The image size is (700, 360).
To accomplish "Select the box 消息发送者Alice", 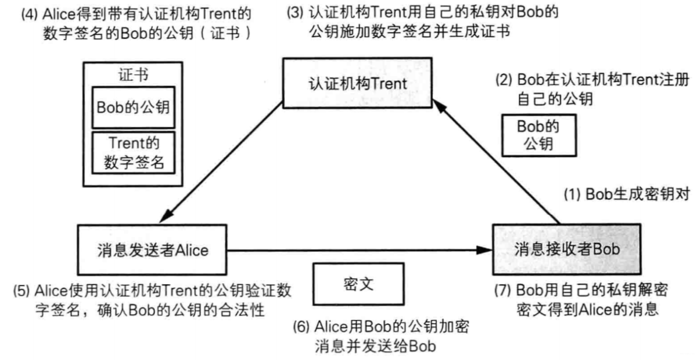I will coord(152,251).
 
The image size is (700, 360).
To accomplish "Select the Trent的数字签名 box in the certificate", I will coord(134,152).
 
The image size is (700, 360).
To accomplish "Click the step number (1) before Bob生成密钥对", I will coord(572,196).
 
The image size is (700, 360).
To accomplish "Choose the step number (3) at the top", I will coord(293,12).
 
